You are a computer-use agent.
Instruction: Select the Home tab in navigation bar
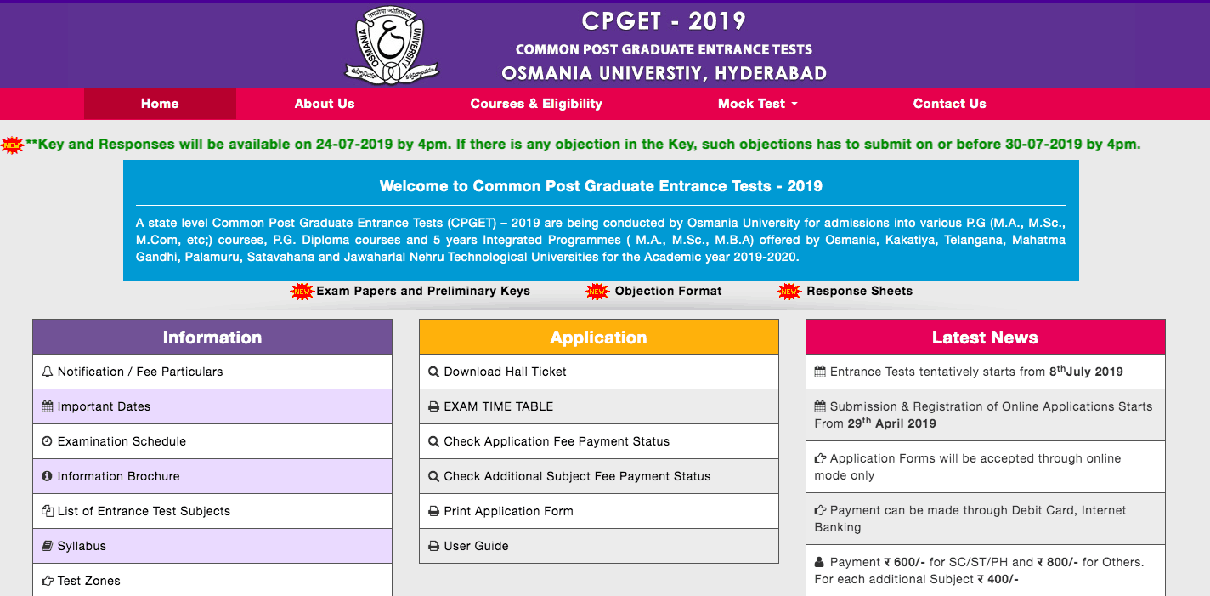160,104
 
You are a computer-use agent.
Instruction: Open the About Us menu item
325,104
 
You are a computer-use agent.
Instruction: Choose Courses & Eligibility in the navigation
536,104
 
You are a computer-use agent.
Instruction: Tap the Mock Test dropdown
757,104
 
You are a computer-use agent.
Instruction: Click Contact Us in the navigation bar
949,104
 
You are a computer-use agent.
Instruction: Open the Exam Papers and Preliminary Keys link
422,291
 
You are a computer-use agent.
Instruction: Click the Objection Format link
668,291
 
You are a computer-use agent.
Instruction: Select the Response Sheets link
859,291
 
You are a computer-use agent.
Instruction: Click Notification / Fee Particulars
140,372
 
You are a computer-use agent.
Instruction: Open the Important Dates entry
104,406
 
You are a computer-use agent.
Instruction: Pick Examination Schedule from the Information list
122,441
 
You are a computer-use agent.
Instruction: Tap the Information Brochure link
118,476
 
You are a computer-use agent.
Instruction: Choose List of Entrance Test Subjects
144,511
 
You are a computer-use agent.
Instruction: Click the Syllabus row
82,546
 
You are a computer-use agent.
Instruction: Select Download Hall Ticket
505,372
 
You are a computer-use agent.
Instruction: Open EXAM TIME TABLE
498,406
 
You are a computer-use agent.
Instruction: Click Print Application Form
508,511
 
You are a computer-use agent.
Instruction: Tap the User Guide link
476,546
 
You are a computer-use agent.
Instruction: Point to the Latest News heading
985,338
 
